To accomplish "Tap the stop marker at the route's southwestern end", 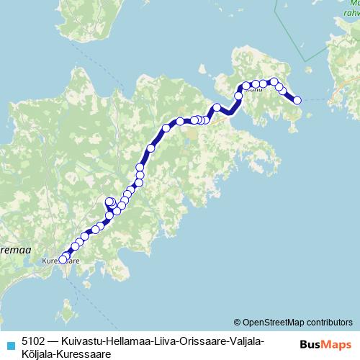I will click(62, 260).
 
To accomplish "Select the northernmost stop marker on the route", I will click(274, 82).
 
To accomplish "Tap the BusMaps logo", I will click(325, 343).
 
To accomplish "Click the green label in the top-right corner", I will click(351, 8).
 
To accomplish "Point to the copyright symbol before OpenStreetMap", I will click(238, 322).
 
